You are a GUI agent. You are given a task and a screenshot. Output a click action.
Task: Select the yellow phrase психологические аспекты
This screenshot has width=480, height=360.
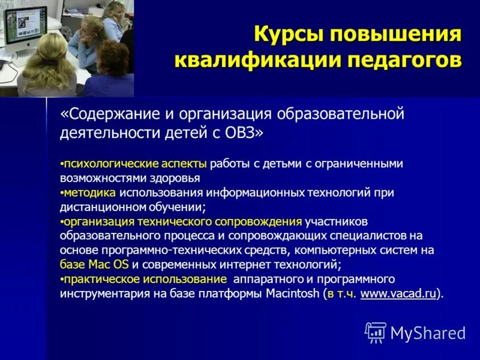(x=135, y=163)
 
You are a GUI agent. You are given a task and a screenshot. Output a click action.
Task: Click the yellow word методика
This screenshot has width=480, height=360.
(x=89, y=193)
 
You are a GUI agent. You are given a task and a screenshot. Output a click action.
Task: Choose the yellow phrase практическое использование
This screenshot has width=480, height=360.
(x=145, y=279)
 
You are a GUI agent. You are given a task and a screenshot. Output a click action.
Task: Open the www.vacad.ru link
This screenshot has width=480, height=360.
(x=398, y=293)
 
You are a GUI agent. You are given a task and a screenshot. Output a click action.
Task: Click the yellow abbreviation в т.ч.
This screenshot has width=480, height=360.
(x=342, y=293)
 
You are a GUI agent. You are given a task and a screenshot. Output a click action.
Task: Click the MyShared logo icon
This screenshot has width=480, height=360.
(x=376, y=332)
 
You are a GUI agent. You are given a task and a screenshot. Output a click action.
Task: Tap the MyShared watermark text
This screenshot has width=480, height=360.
(x=428, y=332)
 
